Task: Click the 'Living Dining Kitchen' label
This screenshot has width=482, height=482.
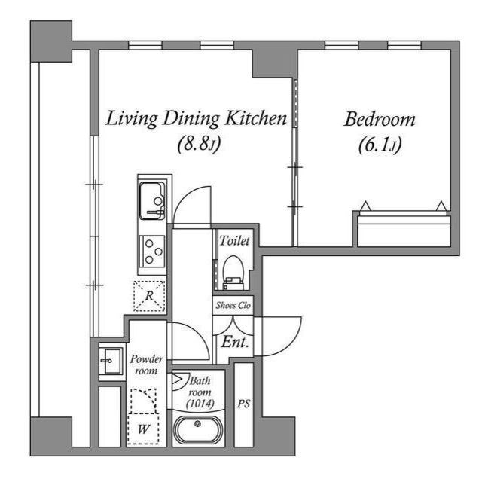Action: click(x=196, y=118)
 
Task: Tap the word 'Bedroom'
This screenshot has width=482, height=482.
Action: click(x=380, y=119)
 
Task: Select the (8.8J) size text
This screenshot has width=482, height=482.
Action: click(x=198, y=143)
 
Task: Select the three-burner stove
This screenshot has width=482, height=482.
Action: click(x=153, y=251)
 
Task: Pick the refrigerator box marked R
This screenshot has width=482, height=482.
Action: click(x=149, y=295)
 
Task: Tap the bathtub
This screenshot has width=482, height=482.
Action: click(x=198, y=432)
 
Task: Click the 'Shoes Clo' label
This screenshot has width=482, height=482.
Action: click(x=233, y=305)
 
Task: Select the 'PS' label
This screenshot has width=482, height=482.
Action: click(x=244, y=404)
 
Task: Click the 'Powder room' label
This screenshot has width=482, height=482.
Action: click(x=146, y=365)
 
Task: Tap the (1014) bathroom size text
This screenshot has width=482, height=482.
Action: click(x=201, y=404)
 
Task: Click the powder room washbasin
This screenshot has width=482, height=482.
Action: click(x=111, y=360)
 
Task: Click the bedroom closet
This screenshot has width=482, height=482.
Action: click(x=402, y=228)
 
